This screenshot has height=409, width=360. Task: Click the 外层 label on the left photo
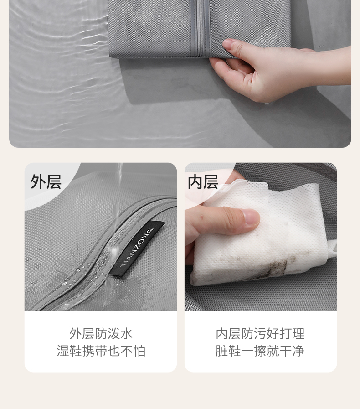46,181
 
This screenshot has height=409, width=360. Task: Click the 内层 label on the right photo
203,181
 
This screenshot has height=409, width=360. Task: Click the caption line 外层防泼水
101,333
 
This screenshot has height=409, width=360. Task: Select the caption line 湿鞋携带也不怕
101,351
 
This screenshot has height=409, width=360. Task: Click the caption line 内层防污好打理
260,333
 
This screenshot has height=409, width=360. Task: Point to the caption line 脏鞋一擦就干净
260,351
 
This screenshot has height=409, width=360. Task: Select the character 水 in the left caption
127,333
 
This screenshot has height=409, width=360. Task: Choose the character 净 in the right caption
298,351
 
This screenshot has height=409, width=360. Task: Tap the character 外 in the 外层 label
38,181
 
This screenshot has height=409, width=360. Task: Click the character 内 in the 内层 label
195,181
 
